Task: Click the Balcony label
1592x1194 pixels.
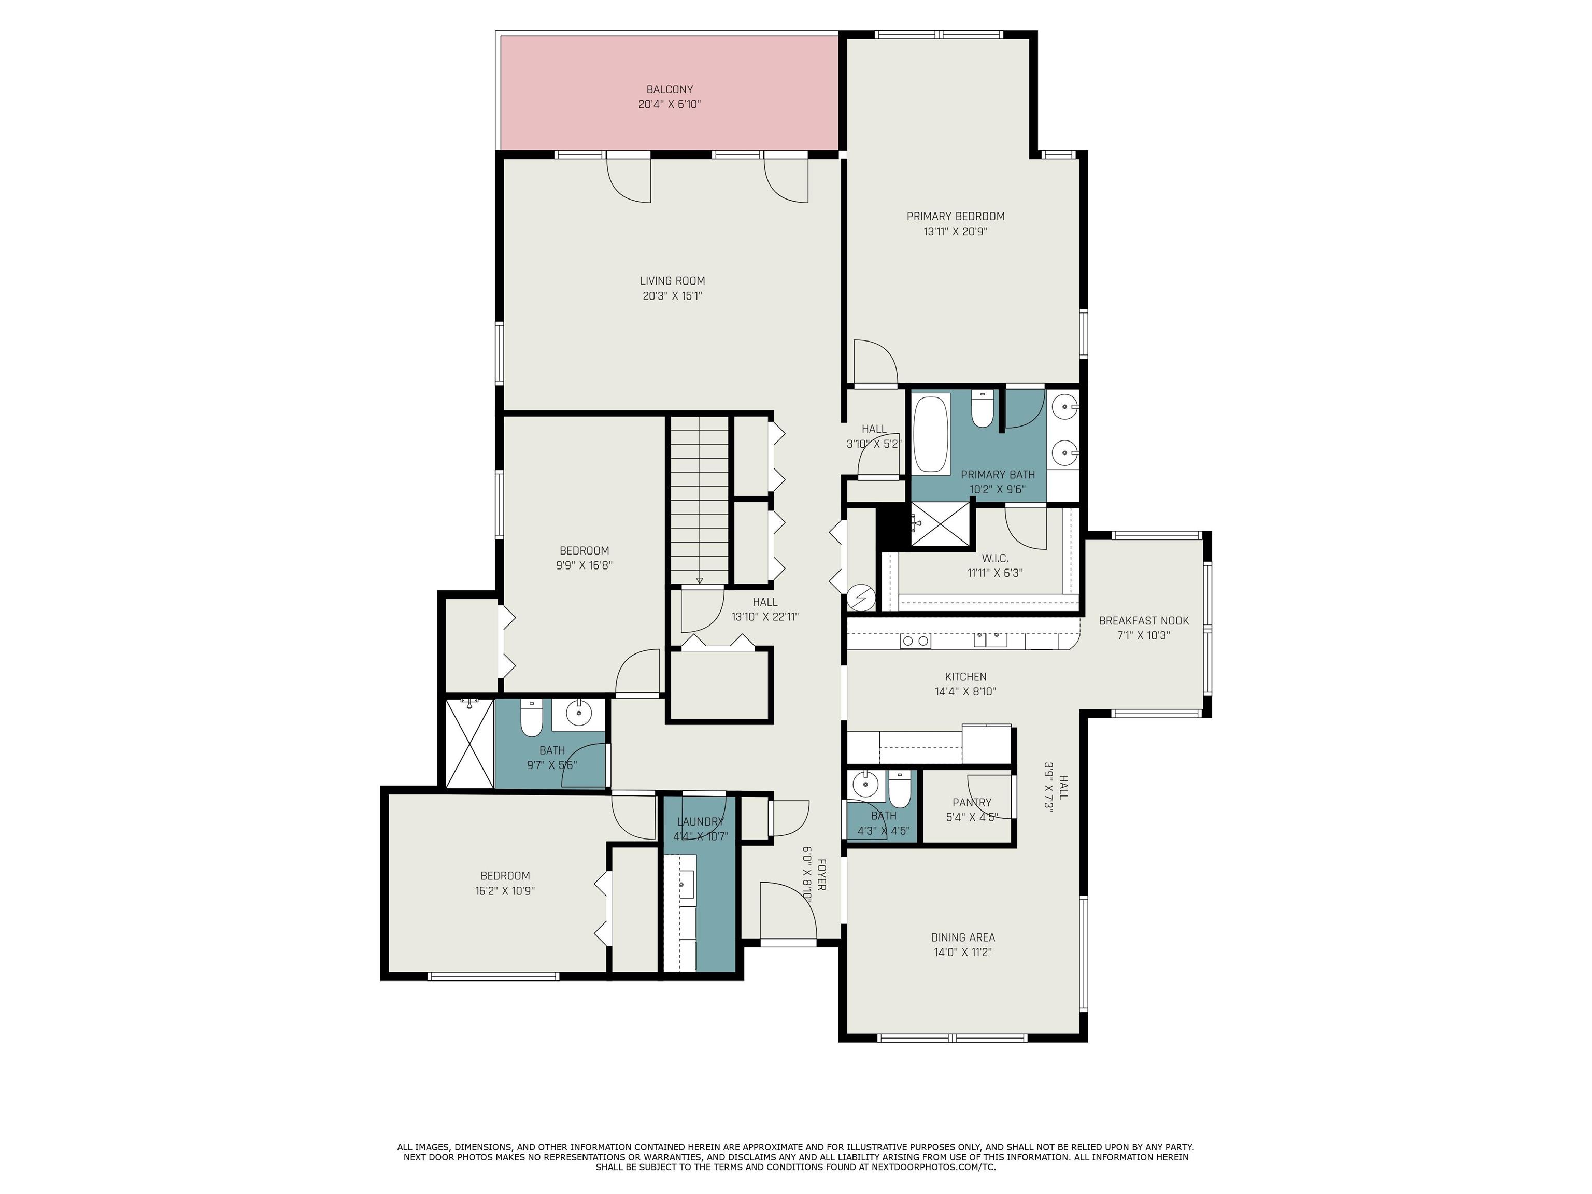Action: click(670, 89)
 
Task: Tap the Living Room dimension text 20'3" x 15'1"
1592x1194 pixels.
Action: click(672, 296)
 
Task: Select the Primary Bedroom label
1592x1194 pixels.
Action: click(955, 216)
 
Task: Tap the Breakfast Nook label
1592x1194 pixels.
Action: click(1144, 620)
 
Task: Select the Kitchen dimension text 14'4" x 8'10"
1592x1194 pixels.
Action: click(965, 692)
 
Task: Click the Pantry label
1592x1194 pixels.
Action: click(972, 802)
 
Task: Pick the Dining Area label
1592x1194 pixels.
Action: click(963, 937)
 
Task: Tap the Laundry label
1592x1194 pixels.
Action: click(700, 822)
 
